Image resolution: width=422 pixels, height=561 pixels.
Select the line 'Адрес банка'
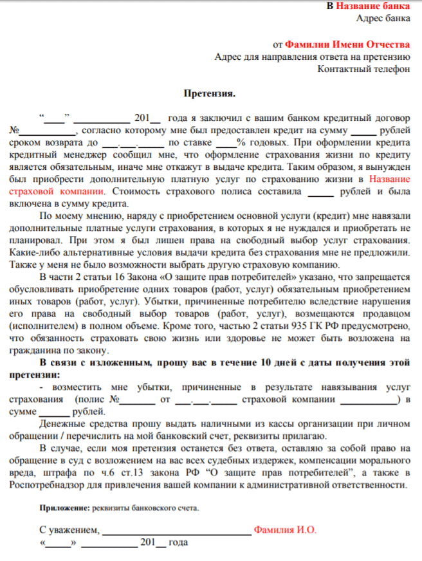click(x=383, y=19)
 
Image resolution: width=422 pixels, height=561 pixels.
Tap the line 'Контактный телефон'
click(x=363, y=69)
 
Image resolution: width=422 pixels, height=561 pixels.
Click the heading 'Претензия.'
click(x=210, y=94)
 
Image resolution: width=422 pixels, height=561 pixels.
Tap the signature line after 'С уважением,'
click(x=176, y=533)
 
